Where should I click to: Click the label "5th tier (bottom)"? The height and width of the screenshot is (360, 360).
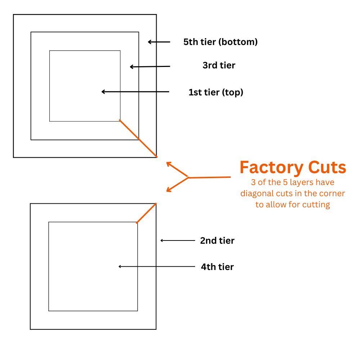(x=220, y=42)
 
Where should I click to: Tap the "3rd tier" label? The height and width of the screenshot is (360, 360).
(x=219, y=66)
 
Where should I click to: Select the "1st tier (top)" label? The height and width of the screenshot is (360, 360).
(x=216, y=92)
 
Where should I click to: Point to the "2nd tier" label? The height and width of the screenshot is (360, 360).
(x=217, y=240)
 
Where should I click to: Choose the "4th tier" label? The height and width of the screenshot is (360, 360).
(x=217, y=267)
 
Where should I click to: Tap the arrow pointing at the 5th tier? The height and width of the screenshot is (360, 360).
(x=159, y=42)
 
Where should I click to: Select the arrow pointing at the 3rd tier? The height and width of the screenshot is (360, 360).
(x=149, y=67)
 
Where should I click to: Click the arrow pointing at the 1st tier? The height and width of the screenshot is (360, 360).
(x=135, y=92)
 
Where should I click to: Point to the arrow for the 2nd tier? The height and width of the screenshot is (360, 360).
(x=177, y=240)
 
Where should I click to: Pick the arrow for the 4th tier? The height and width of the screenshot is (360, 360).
(x=157, y=266)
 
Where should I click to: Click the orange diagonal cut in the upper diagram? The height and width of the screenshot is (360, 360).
(x=138, y=138)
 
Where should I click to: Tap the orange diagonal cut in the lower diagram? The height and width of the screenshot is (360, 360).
(x=146, y=213)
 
